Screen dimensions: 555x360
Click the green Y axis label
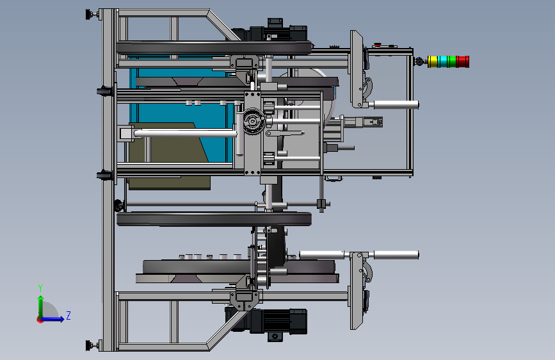pos(40,288)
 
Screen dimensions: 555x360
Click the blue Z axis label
pos(68,315)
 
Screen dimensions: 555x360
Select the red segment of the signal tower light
pos(463,61)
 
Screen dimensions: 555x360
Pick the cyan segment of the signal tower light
pos(442,61)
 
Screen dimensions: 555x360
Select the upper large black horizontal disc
pos(214,48)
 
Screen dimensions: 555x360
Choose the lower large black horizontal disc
pos(214,219)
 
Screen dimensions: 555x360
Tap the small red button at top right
pos(377,45)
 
